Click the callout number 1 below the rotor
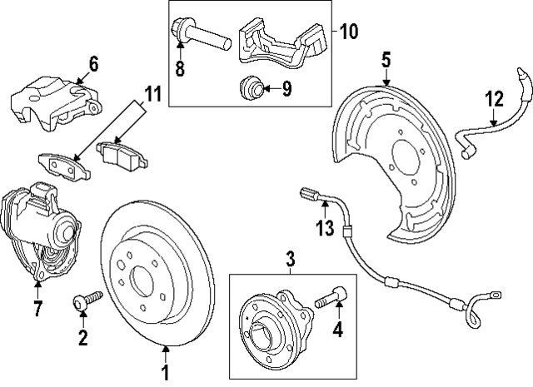click(x=165, y=371)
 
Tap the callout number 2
click(x=82, y=336)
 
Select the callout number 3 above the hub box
click(x=290, y=260)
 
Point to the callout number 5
click(x=386, y=61)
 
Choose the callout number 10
click(x=348, y=33)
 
